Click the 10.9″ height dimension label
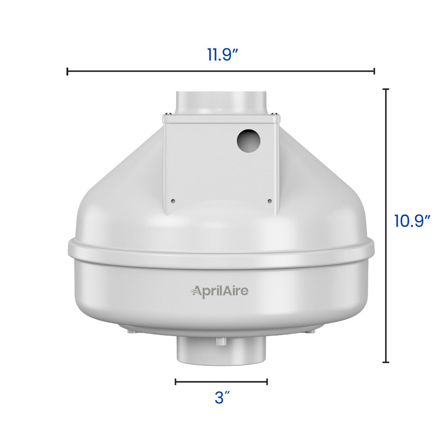click(x=412, y=221)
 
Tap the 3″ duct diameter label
click(x=222, y=398)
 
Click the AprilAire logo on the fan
click(x=220, y=291)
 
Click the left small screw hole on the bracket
click(x=173, y=201)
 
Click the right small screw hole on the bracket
click(x=269, y=201)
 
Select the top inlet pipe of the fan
click(x=221, y=102)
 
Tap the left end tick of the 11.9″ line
click(x=68, y=72)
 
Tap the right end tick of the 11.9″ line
click(x=374, y=72)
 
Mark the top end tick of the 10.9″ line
click(x=386, y=89)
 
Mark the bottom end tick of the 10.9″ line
click(x=386, y=362)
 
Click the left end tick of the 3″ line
click(x=176, y=381)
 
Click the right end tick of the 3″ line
click(x=267, y=381)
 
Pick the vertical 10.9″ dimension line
click(x=386, y=286)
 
